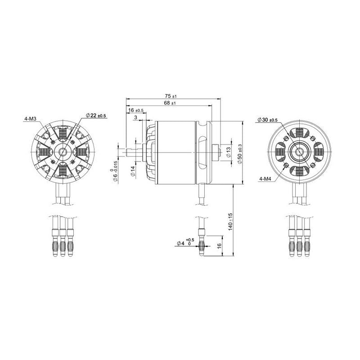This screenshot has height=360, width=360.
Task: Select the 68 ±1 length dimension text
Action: (170, 103)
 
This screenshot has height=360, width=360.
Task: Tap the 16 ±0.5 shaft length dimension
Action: (135, 111)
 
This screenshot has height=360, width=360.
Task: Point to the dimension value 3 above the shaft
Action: (136, 117)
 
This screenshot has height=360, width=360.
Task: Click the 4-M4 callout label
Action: (265, 179)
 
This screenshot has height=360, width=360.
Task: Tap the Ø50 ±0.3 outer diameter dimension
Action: (239, 153)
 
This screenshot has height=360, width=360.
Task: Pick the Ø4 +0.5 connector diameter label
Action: (185, 243)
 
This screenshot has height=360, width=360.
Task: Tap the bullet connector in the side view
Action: (201, 243)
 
